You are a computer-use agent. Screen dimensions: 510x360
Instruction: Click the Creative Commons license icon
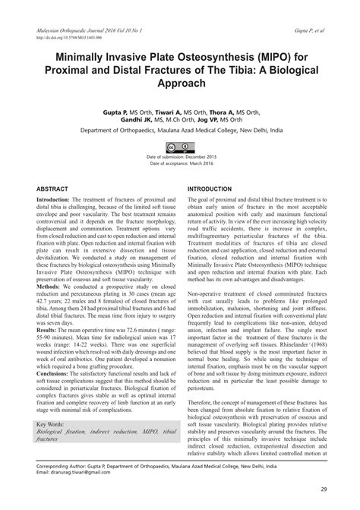click(181, 147)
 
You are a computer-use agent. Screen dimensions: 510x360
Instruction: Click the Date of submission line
click(180, 157)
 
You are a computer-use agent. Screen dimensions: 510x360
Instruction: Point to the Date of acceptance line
click(180, 163)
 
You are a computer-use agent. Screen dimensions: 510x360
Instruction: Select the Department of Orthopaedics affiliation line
click(180, 130)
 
